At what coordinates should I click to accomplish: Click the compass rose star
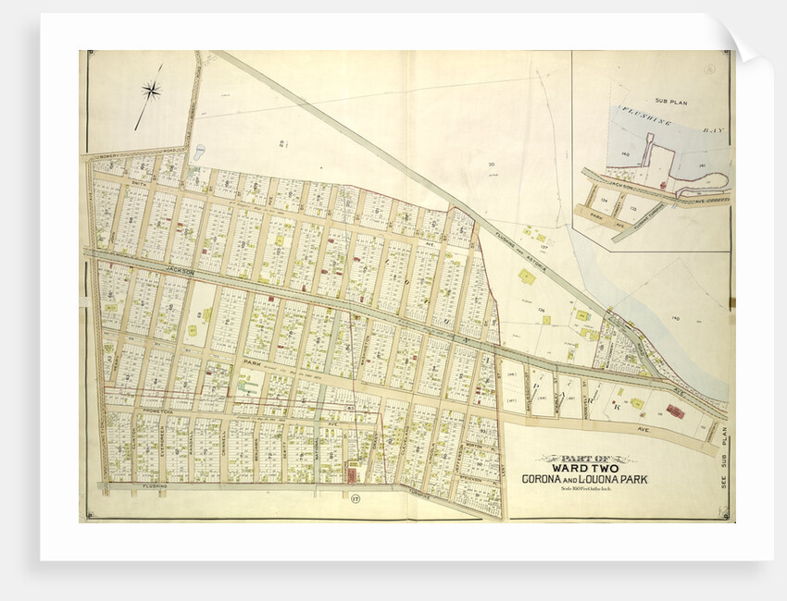click(x=152, y=90)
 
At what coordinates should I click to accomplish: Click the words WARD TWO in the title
click(x=580, y=468)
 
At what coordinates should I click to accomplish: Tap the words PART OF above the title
click(x=580, y=457)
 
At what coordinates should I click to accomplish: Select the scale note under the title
click(x=580, y=490)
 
